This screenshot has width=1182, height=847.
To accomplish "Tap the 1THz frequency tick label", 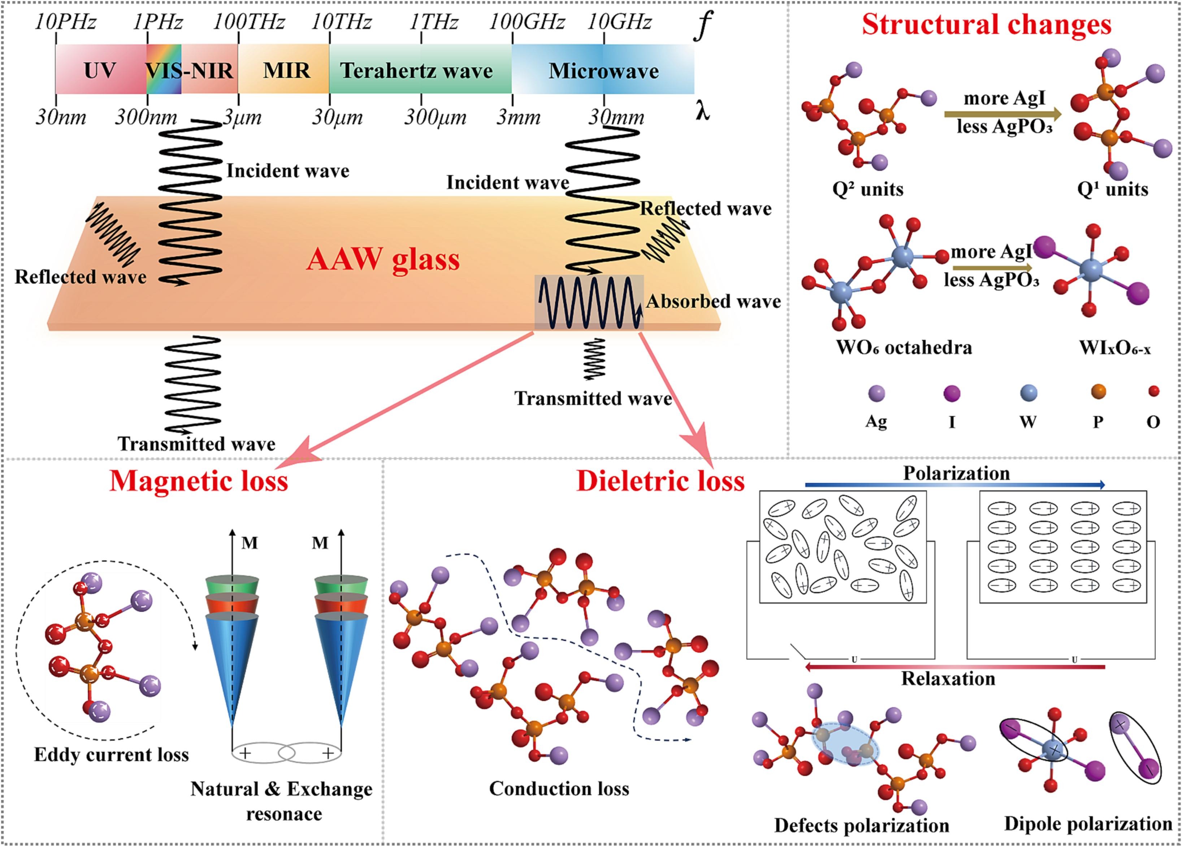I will [x=434, y=22].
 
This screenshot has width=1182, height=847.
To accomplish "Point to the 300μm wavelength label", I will [x=435, y=118].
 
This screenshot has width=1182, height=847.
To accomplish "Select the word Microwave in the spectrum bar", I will [x=603, y=71].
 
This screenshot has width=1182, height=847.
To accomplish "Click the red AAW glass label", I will [x=383, y=259].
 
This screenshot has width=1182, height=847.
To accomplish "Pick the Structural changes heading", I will [x=987, y=25].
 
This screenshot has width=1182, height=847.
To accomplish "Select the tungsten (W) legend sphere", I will [x=1028, y=393].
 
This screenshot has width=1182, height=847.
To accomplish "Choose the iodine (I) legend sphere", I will [x=952, y=393].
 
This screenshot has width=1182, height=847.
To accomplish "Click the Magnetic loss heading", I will [x=199, y=480].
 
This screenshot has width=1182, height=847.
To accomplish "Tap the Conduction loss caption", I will [x=559, y=788].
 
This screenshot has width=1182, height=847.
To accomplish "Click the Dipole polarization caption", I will [x=1088, y=824].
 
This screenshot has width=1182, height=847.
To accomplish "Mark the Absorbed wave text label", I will [x=713, y=301].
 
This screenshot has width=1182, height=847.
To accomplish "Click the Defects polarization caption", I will [x=861, y=825].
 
